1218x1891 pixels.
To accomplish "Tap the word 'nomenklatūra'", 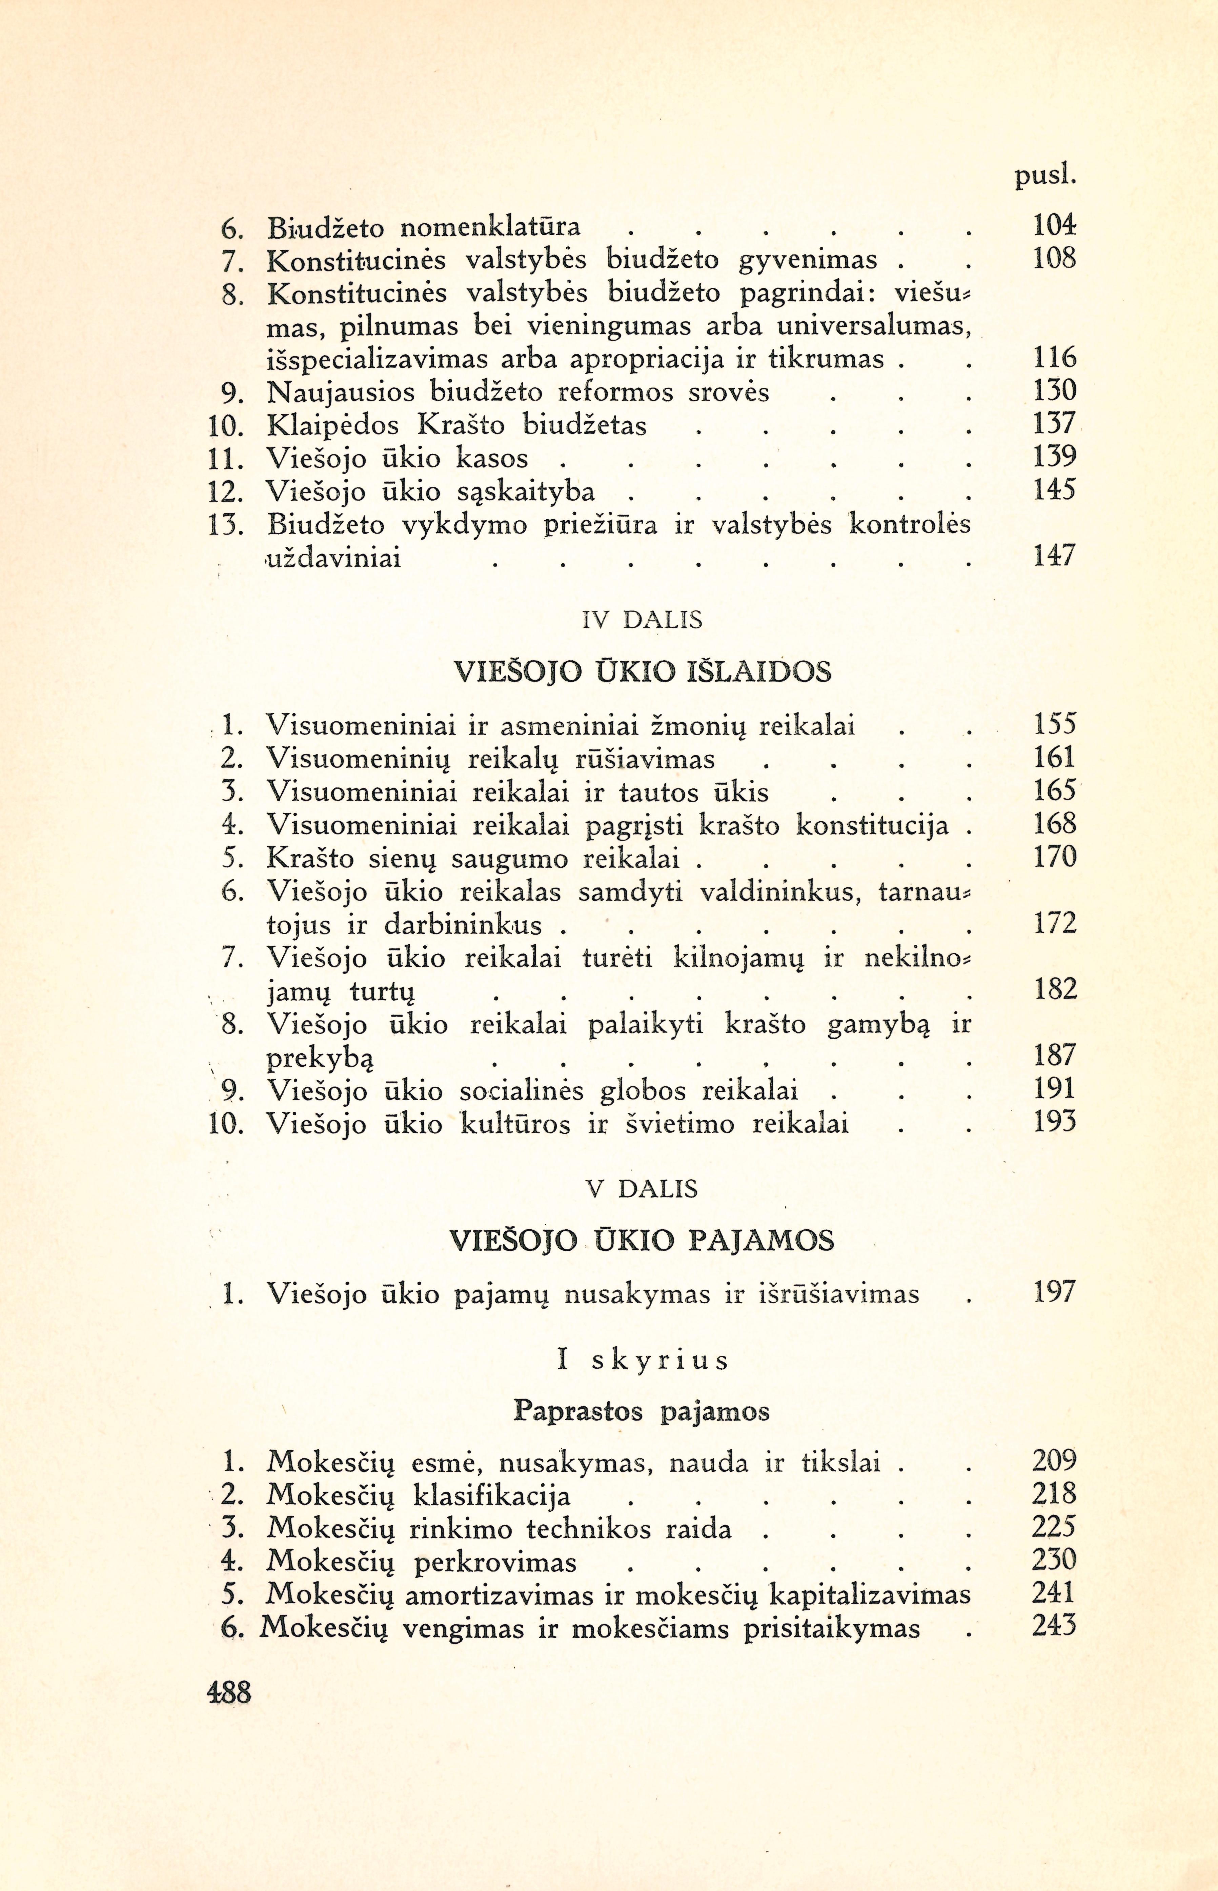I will coord(490,228).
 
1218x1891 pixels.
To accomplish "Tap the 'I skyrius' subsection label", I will coord(642,1360).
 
